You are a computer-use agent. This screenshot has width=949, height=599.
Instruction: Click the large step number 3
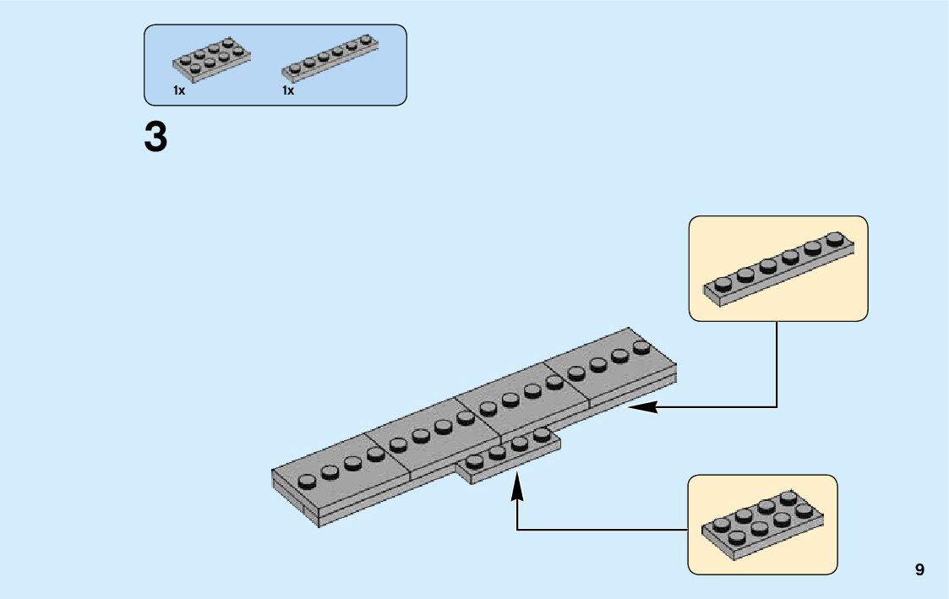point(155,137)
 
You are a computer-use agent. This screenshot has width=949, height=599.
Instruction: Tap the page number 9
point(919,569)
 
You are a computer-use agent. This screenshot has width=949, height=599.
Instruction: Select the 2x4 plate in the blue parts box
point(212,59)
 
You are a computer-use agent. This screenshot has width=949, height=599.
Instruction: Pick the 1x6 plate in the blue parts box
point(330,58)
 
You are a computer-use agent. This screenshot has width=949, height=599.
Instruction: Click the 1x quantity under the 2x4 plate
point(179,90)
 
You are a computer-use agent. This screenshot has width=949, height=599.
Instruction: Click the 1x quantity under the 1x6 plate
point(288,90)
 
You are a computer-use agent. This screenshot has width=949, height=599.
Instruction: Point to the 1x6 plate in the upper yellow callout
point(779,269)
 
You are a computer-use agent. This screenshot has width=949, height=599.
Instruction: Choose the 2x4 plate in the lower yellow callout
point(762,525)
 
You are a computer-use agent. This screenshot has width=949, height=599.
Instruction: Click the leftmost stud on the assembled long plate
point(307,482)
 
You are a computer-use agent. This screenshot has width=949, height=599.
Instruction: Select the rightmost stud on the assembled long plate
point(641,347)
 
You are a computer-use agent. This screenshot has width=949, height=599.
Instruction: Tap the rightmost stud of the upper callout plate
point(835,238)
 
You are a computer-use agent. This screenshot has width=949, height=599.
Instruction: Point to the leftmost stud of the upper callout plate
point(723,284)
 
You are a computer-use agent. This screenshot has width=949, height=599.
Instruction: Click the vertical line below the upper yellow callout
point(777,363)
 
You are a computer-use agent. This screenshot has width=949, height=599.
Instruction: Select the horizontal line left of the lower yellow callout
point(603,530)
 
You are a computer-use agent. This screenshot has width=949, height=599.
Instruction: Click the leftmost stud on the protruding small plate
point(475,462)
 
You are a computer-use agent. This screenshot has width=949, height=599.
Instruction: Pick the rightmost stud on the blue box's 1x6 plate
point(366,40)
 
